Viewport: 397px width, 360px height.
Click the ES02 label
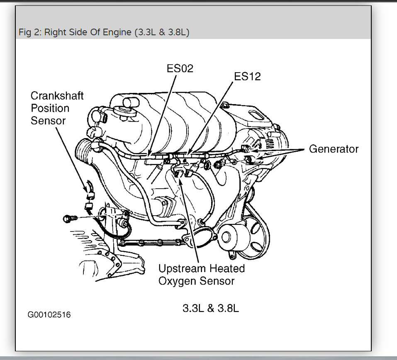pos(180,68)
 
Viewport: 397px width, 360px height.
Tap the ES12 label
pos(248,76)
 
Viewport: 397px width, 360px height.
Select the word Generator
pos(334,149)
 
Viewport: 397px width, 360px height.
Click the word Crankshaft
pos(57,96)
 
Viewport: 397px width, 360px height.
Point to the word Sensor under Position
pos(48,121)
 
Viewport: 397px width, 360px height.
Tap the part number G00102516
pos(49,315)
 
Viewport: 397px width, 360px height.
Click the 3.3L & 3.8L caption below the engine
pos(211,309)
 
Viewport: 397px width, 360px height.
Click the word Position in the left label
pos(50,108)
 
